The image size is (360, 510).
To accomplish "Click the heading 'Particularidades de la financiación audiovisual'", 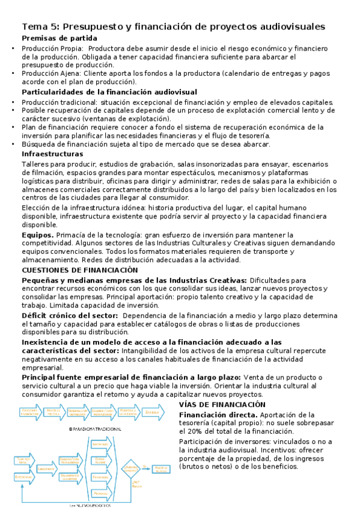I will point(109,93).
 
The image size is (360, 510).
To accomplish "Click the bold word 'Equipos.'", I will point(37,235).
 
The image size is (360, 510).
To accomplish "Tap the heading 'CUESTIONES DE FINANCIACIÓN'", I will point(79,271).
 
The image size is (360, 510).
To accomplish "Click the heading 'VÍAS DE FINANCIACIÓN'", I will point(222,405).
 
